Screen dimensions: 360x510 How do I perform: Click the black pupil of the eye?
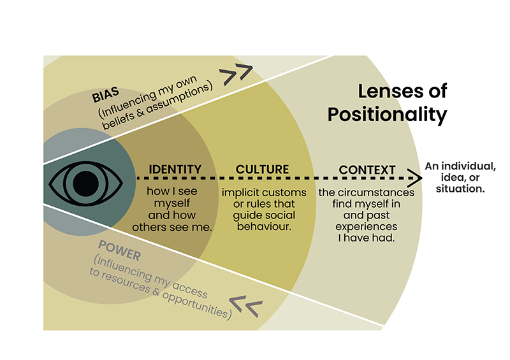coord(82,184)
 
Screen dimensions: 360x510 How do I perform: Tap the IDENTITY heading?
coord(175,169)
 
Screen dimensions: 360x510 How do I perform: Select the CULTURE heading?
coord(262,169)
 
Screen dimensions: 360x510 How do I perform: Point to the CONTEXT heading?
coord(367,170)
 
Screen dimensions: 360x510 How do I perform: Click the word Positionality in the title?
coord(386,115)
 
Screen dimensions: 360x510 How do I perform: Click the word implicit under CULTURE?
coord(242,192)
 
